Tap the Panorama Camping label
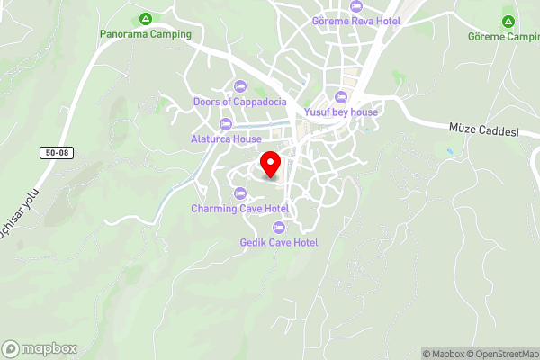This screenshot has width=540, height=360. click(x=146, y=34)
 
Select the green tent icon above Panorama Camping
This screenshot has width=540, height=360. click(x=146, y=19)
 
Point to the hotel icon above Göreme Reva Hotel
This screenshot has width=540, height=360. click(x=356, y=5)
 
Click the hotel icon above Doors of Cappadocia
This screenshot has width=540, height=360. click(x=239, y=85)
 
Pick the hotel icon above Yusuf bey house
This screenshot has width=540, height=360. click(x=340, y=97)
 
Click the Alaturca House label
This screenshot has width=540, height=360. click(x=226, y=139)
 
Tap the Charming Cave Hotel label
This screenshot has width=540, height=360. click(x=238, y=209)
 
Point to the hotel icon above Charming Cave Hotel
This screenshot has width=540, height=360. click(x=239, y=193)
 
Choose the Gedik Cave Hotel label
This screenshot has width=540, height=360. click(x=279, y=242)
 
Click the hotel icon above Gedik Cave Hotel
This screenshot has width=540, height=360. click(x=279, y=227)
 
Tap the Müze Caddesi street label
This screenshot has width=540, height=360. click(x=484, y=131)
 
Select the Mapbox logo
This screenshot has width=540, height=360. click(x=40, y=348)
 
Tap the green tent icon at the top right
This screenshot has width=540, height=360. click(x=508, y=22)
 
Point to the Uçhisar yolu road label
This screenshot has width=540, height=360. click(x=20, y=221)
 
